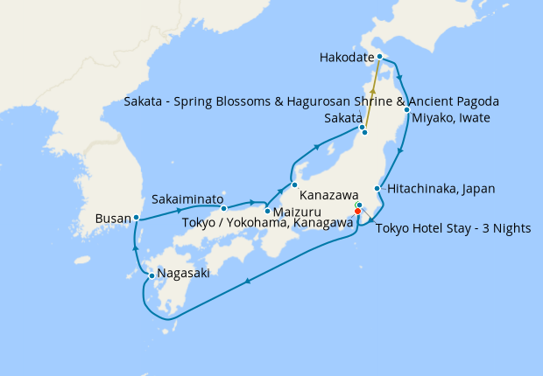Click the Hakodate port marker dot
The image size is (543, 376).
(379, 57)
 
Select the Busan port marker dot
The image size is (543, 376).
(137, 217)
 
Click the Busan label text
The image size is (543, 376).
(115, 218)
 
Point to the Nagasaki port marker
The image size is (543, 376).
(152, 276)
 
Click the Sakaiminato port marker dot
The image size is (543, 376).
(224, 208)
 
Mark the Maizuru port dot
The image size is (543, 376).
(267, 211)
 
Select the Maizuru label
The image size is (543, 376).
(296, 212)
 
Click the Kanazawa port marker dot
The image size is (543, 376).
(295, 185)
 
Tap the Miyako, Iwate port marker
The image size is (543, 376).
(406, 110)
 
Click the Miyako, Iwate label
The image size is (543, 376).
(450, 118)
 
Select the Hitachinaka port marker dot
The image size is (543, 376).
(377, 189)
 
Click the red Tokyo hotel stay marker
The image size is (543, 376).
(357, 211)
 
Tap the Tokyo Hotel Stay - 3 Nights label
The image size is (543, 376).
(453, 229)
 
